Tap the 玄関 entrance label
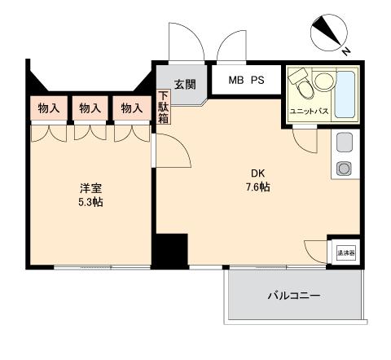coord(184,83)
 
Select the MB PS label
coord(247,81)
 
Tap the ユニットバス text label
coord(309,112)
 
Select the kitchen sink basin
coord(343,142)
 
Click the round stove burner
coord(343,169)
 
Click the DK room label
coord(257,173)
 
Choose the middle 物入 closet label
coord(90,108)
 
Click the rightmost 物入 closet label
coord(130,108)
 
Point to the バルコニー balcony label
coord(293,294)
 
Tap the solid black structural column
coord(171,248)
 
